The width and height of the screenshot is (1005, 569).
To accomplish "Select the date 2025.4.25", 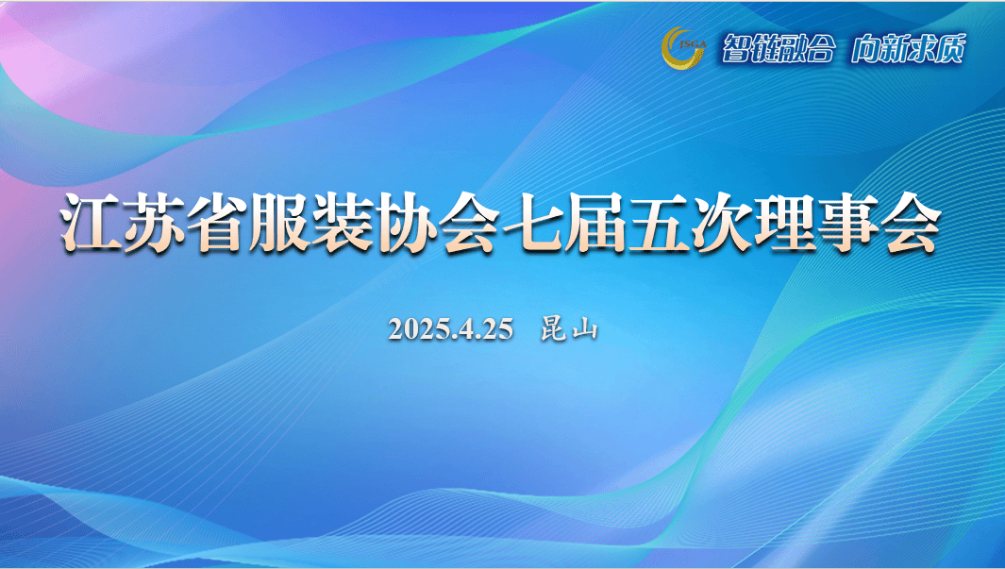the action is tap(451, 329).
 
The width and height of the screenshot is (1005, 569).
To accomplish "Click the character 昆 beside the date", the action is tap(553, 329).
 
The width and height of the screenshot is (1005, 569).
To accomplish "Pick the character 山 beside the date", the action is tap(584, 330).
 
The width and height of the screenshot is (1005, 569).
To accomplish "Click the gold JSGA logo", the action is tap(683, 47).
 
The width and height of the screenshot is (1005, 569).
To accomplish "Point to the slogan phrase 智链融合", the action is tap(779, 49).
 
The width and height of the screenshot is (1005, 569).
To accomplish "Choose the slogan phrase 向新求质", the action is tap(908, 49).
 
